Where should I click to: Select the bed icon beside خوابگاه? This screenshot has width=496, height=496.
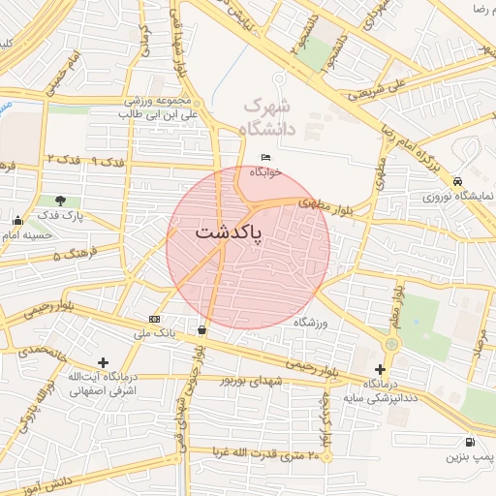click(266, 158)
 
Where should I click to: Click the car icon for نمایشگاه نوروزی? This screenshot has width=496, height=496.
click(457, 180)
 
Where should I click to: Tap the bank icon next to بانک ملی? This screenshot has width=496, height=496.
click(155, 319)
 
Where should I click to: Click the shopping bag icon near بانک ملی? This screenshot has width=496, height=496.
click(201, 329)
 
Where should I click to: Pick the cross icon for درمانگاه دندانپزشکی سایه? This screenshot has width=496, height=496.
click(380, 369)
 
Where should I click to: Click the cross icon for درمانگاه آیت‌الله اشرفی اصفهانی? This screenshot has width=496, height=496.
click(104, 362)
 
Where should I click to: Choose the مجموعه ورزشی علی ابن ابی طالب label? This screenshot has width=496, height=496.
click(159, 108)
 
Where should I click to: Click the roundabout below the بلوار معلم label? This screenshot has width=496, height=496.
click(391, 343)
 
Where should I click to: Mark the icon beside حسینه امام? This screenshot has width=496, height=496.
click(17, 220)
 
